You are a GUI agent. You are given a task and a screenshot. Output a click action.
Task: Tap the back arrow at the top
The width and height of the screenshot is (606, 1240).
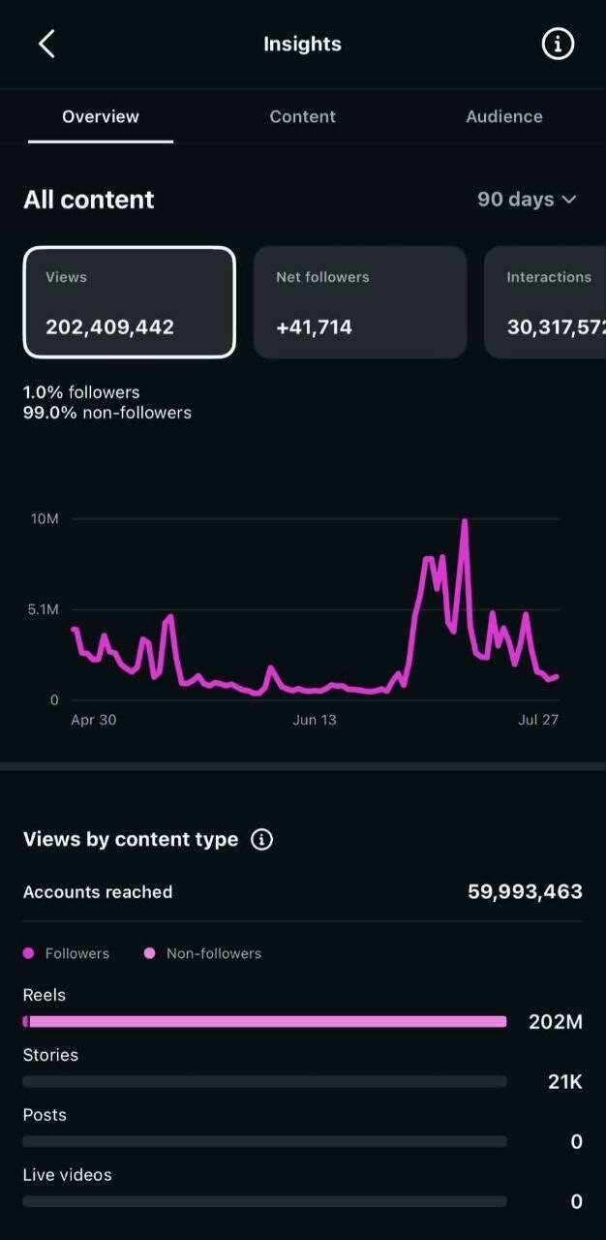46,44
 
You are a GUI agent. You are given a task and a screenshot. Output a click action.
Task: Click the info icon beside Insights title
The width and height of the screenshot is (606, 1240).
558,44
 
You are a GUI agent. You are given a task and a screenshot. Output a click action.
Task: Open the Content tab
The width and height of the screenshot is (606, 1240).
302,117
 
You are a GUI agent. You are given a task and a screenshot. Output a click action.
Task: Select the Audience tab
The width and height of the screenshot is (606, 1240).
504,117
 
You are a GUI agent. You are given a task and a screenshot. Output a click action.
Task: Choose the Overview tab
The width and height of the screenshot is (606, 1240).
101,117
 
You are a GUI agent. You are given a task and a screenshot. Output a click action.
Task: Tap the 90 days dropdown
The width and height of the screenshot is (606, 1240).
527,200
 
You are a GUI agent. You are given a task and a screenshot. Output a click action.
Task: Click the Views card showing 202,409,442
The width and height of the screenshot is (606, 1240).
130,302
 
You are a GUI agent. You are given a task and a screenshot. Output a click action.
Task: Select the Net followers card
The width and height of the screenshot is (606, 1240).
360,302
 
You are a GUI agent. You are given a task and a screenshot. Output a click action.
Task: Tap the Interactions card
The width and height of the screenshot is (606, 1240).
545,302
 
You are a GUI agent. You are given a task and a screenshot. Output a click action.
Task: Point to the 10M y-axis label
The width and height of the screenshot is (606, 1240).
45,518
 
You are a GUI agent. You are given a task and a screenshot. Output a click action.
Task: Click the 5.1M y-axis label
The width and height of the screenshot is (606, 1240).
44,609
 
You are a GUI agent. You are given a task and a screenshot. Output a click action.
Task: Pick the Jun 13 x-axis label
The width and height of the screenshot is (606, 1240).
314,720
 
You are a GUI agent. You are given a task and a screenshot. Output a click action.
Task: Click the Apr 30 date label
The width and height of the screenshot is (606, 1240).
94,720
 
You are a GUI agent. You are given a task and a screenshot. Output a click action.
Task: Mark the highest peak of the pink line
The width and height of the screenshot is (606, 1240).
465,520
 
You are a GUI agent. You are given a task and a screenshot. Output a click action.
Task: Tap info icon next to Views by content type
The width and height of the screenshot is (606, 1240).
261,839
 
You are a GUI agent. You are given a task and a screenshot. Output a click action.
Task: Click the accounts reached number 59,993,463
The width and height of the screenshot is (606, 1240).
525,892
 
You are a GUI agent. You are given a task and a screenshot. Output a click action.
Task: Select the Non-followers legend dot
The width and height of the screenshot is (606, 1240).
149,953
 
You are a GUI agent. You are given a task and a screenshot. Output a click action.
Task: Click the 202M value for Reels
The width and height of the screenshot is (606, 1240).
555,1022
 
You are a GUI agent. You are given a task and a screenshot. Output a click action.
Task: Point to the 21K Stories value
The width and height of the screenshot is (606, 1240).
565,1082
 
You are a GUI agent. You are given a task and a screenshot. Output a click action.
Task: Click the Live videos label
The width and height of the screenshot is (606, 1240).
68,1175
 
